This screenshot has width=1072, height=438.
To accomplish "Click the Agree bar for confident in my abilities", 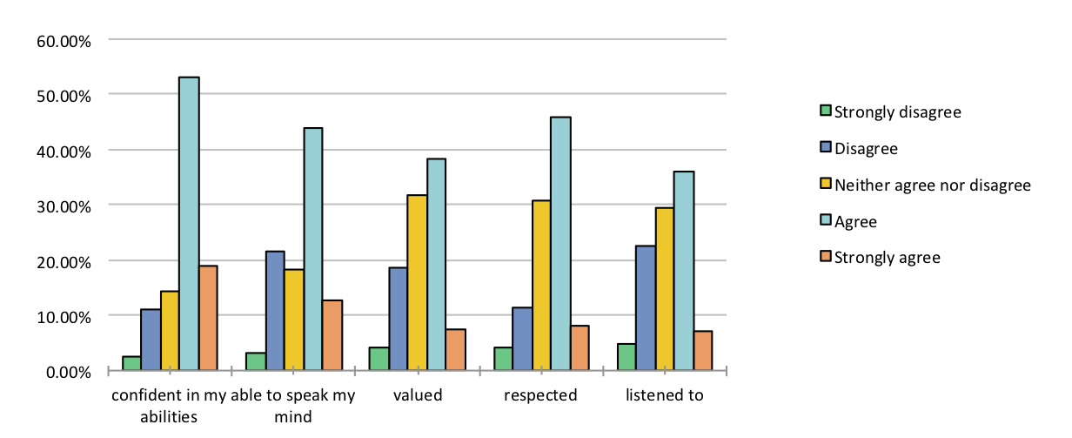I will point(189,224).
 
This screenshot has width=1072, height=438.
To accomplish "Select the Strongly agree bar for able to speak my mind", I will point(332,336).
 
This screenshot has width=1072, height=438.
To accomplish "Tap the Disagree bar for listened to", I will point(646,308).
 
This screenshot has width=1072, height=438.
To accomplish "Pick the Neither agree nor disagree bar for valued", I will point(417,283).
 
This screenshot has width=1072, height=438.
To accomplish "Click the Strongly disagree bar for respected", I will point(503,360).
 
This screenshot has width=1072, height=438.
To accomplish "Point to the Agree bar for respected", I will point(560,244).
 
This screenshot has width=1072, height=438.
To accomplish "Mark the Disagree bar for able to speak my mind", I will point(275,311).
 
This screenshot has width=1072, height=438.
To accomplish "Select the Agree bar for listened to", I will point(684,271).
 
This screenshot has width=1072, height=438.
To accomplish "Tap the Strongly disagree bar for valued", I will point(379,360).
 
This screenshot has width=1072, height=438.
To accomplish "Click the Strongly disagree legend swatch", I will point(826,111).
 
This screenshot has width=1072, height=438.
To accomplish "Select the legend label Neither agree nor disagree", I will point(932,185).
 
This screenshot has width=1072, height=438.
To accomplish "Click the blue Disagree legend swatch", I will point(826,148).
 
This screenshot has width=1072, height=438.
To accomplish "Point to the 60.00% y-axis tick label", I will point(62,40).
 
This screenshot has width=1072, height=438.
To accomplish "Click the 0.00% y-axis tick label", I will point(65,372).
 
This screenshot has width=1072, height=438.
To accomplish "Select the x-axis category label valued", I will point(418,395).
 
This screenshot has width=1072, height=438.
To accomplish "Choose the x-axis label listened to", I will point(665,395).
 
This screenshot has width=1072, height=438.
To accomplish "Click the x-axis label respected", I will point(540,395).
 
